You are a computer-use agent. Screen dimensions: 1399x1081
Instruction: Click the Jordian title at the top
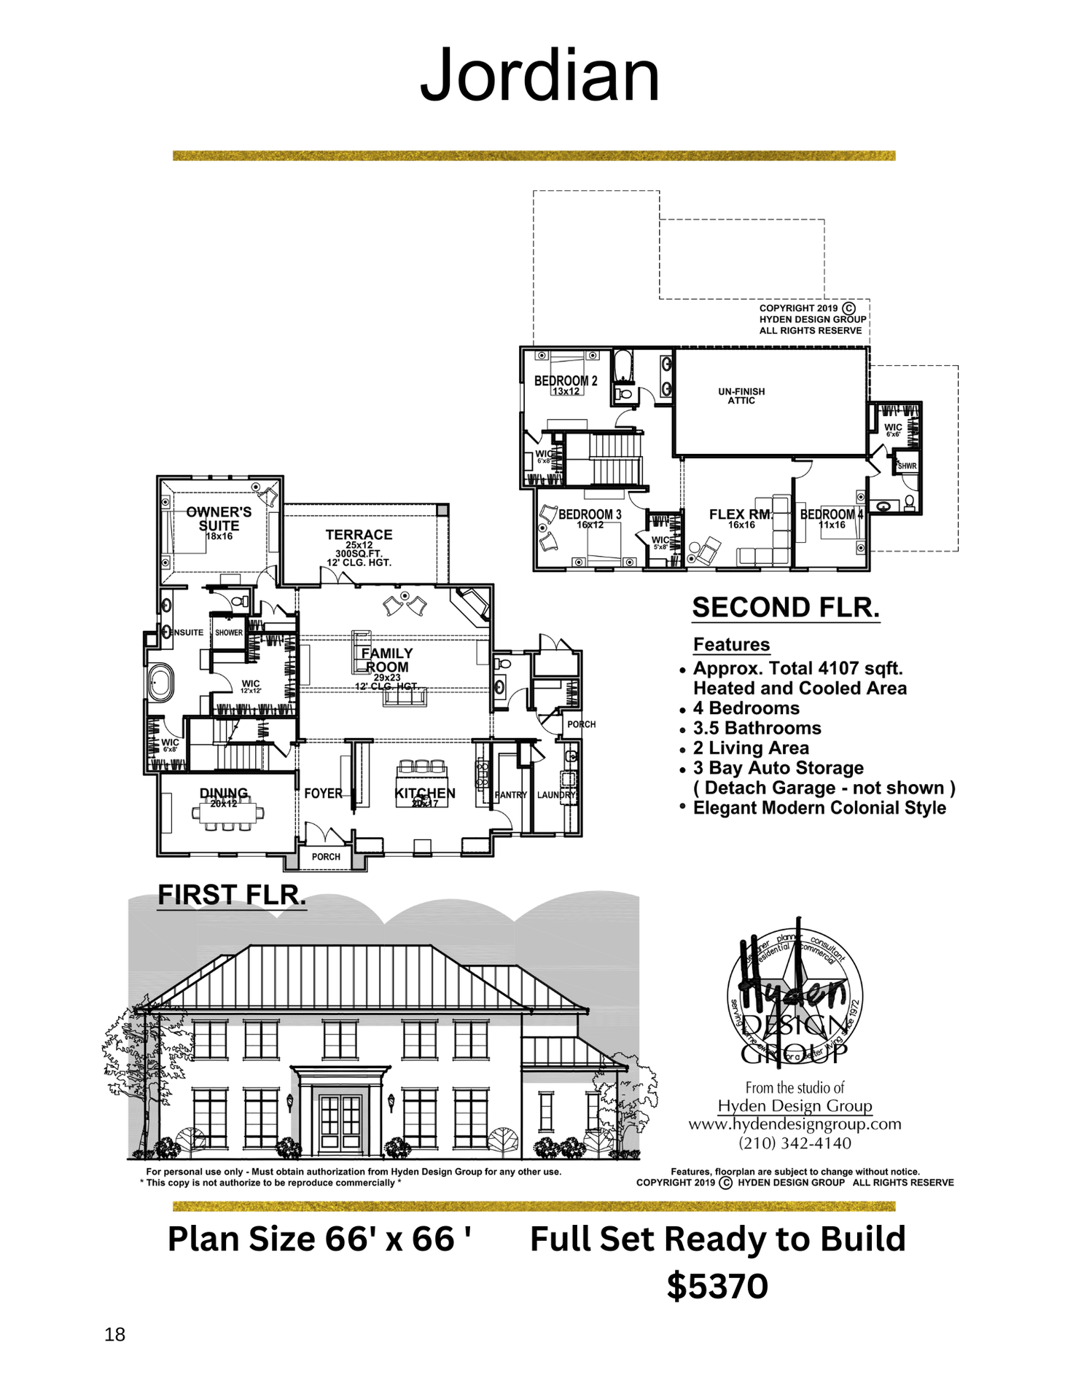pyautogui.click(x=539, y=75)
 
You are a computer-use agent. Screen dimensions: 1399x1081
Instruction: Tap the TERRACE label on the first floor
pyautogui.click(x=359, y=535)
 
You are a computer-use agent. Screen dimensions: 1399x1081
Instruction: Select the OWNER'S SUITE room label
pyautogui.click(x=219, y=519)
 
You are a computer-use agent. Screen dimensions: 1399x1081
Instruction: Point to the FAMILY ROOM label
pyautogui.click(x=387, y=660)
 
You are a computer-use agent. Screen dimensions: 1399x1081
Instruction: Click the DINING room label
pyautogui.click(x=224, y=793)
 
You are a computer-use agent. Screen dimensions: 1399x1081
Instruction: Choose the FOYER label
pyautogui.click(x=323, y=793)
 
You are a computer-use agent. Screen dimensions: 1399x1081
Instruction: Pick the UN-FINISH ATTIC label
pyautogui.click(x=741, y=396)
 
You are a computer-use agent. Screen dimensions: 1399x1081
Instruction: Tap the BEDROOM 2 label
pyautogui.click(x=566, y=381)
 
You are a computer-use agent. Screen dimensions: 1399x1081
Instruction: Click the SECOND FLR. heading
pyautogui.click(x=786, y=608)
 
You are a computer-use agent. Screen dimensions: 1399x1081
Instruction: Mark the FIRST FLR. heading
pyautogui.click(x=232, y=895)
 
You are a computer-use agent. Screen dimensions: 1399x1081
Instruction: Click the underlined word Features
pyautogui.click(x=731, y=645)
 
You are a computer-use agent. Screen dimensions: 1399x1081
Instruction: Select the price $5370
pyautogui.click(x=717, y=1287)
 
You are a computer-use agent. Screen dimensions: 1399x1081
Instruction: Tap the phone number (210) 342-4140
pyautogui.click(x=795, y=1143)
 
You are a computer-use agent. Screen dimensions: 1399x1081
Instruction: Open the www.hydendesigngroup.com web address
pyautogui.click(x=795, y=1124)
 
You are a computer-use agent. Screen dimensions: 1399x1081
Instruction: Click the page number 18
pyautogui.click(x=115, y=1334)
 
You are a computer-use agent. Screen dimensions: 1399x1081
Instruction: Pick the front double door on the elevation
pyautogui.click(x=340, y=1120)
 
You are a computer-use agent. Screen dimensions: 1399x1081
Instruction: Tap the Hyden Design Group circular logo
pyautogui.click(x=795, y=995)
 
